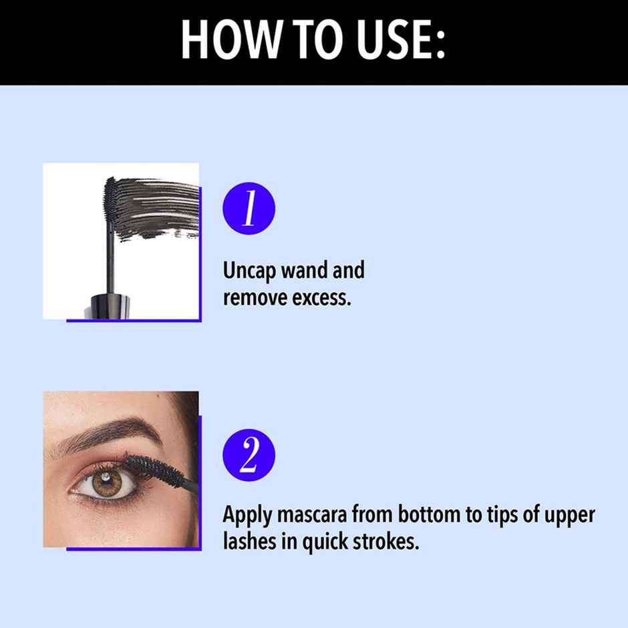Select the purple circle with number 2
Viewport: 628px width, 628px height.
249,456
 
